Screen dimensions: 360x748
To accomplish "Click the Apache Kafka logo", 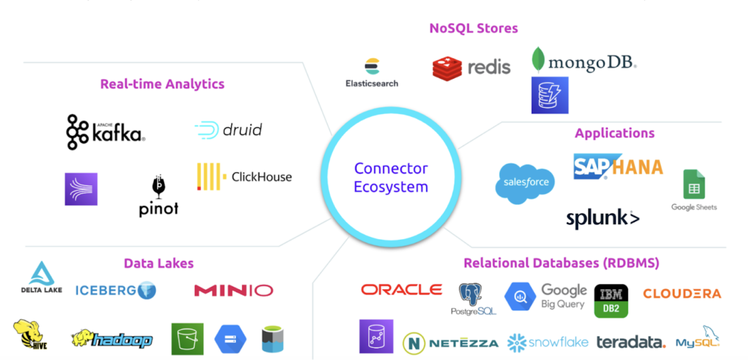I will click(x=105, y=132).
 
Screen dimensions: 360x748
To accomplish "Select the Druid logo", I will click(x=228, y=130).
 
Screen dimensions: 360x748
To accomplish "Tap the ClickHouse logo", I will click(x=244, y=176).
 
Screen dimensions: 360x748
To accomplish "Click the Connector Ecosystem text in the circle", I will click(x=391, y=178).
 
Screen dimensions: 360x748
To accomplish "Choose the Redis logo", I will click(x=471, y=67).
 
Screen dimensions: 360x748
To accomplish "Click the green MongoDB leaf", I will click(x=538, y=60).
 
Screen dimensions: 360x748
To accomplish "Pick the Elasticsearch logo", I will click(x=372, y=73).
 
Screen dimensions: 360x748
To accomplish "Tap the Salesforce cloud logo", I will click(x=525, y=183).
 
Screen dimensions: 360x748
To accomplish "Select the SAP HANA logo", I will click(x=617, y=167).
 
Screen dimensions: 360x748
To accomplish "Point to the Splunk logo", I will click(x=602, y=219).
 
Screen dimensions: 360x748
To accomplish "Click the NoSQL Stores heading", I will click(x=473, y=28).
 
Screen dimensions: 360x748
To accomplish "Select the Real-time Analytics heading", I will click(x=162, y=84).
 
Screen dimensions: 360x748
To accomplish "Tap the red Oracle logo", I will click(x=401, y=290).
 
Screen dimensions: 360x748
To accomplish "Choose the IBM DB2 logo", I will click(x=611, y=301).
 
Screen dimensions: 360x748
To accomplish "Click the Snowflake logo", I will click(x=547, y=342).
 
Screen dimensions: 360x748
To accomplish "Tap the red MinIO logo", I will click(x=233, y=291).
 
